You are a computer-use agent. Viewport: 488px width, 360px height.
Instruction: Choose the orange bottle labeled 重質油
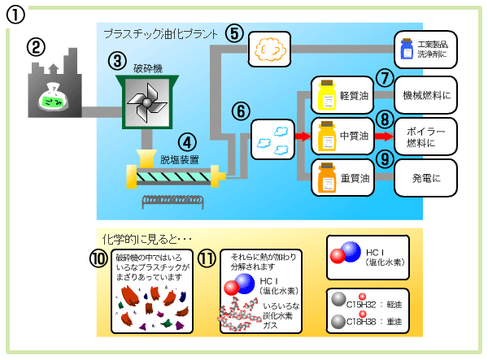tap(328, 176)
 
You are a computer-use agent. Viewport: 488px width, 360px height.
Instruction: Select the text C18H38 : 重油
tap(377, 322)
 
